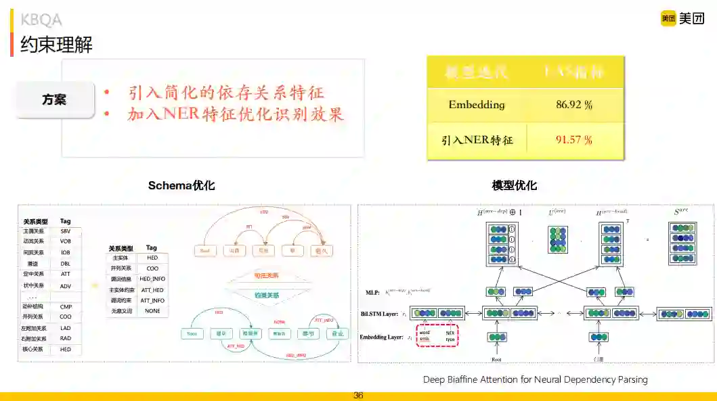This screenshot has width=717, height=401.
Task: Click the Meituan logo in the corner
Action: coord(682,19)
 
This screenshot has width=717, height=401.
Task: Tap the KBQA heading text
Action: coord(41,20)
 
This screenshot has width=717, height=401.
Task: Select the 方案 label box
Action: coord(54,99)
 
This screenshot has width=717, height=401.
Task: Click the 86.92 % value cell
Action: coord(573,105)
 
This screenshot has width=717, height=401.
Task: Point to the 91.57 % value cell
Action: coord(573,140)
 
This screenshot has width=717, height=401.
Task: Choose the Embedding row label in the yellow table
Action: coord(477,105)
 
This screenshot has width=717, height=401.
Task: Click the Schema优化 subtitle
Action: coord(181,185)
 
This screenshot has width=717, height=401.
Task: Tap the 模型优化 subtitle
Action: coord(515,185)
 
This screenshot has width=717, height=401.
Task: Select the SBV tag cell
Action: coord(66,231)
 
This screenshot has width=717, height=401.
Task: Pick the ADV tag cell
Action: coord(66,285)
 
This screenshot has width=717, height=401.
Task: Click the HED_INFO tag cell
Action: coord(152,279)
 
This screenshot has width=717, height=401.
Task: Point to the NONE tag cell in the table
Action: coord(152,310)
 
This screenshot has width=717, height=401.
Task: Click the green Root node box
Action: coord(192,333)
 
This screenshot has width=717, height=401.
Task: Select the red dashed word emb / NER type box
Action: coord(437,335)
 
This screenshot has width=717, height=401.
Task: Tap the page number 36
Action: coord(358,396)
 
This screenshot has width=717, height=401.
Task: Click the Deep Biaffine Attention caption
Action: coord(535,379)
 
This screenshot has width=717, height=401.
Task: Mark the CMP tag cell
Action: coord(66,306)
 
